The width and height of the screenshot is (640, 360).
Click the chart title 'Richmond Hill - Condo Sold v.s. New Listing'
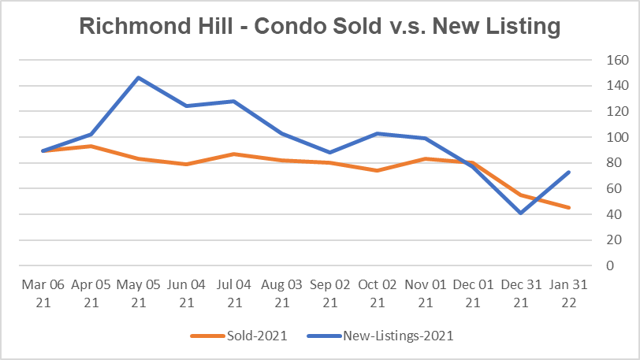click(x=320, y=26)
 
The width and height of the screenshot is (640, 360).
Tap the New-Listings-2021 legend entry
click(x=397, y=336)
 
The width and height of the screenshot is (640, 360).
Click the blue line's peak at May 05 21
click(x=139, y=77)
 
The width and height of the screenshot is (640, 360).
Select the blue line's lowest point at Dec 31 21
click(x=521, y=213)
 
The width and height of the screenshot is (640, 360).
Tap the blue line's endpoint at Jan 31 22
click(x=568, y=172)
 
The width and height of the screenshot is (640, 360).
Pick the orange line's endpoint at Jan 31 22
click(x=568, y=208)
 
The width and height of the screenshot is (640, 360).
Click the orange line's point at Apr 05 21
click(x=91, y=146)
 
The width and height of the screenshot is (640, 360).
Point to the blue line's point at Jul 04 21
click(x=234, y=101)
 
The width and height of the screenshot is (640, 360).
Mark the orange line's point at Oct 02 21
click(x=378, y=170)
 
